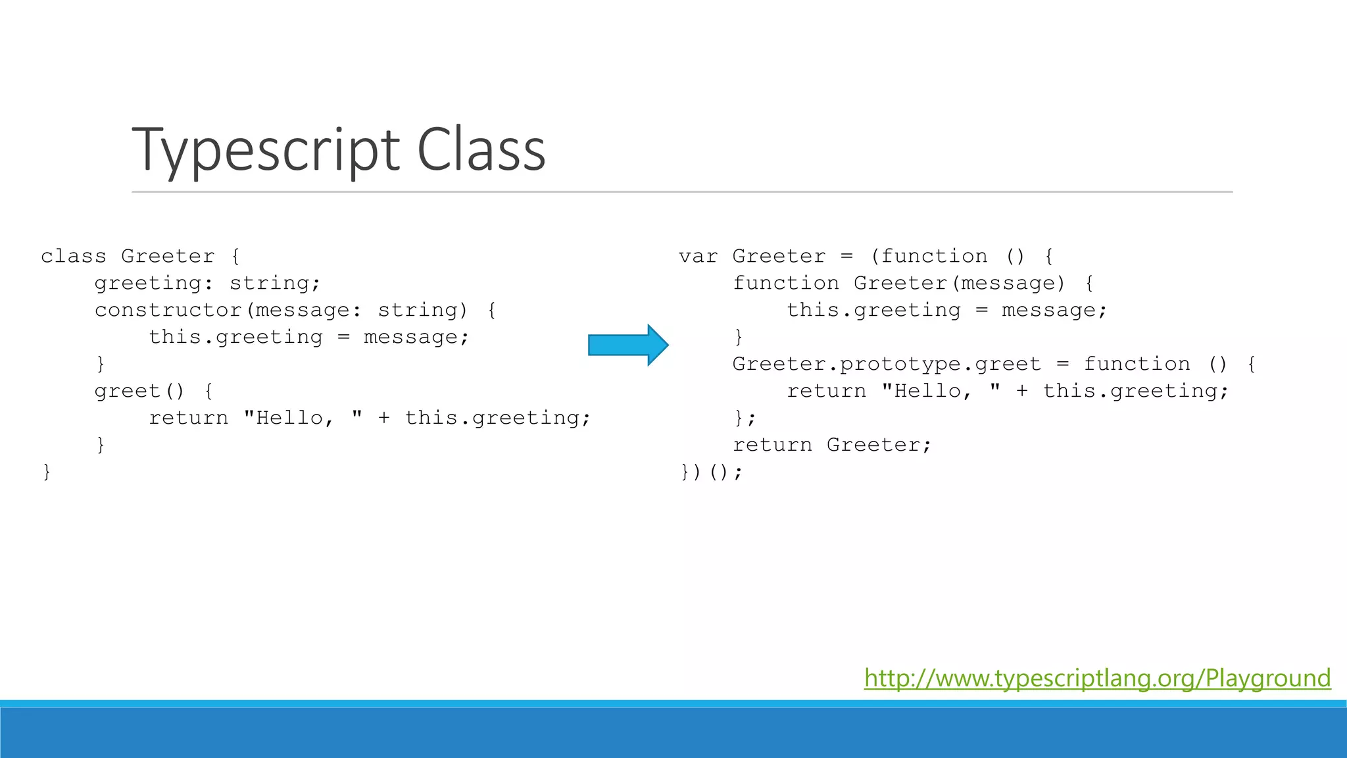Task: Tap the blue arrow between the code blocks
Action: tap(627, 345)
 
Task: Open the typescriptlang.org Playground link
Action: tap(1097, 678)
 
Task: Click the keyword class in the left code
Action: tap(73, 256)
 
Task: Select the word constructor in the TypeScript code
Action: tap(168, 310)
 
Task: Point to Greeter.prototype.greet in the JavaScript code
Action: tap(887, 364)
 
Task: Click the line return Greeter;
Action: tap(832, 445)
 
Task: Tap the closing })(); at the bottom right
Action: tap(710, 472)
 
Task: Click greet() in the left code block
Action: tap(139, 391)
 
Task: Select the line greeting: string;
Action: tap(207, 283)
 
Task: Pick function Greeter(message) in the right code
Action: tap(898, 283)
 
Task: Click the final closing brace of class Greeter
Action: tap(47, 472)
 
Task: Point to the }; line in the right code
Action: tap(745, 418)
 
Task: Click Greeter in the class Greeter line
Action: tap(168, 256)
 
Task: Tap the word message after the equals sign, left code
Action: tap(410, 337)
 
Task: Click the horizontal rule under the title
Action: tap(681, 192)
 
